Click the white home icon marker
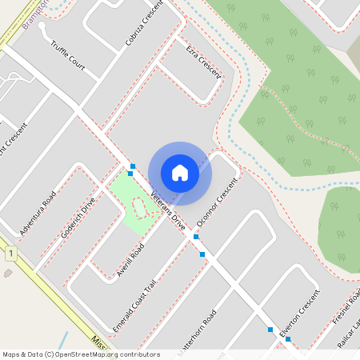[180, 172]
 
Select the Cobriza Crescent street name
[143, 26]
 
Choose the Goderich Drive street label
[78, 218]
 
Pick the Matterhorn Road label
[200, 328]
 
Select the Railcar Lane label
[350, 331]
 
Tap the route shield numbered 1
[10, 254]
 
